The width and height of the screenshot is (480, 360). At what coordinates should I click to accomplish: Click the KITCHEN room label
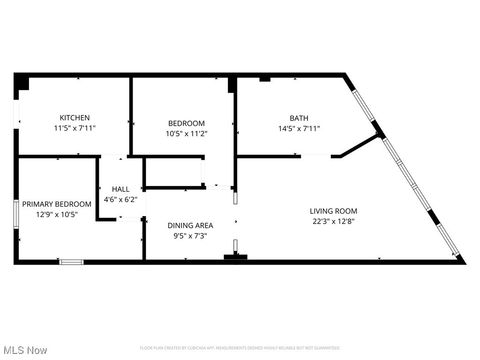(x=74, y=117)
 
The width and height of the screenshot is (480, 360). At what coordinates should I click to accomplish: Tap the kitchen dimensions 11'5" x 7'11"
(x=74, y=129)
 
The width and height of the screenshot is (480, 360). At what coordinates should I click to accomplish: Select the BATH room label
(x=299, y=117)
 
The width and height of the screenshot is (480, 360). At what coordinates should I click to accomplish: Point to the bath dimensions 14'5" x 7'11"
(x=299, y=129)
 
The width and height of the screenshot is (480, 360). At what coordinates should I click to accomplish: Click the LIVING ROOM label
(x=333, y=210)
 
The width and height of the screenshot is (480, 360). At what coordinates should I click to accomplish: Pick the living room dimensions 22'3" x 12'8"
(x=333, y=222)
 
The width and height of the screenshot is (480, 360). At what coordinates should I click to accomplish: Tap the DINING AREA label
(x=190, y=225)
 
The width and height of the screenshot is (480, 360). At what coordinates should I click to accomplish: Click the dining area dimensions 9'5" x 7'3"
(x=190, y=237)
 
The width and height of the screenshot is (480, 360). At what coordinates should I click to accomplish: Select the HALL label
(x=120, y=189)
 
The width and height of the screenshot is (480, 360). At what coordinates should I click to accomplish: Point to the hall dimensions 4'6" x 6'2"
(x=120, y=200)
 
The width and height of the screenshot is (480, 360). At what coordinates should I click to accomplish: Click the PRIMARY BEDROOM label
(x=57, y=204)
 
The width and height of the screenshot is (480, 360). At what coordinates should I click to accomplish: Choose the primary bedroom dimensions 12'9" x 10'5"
(x=57, y=215)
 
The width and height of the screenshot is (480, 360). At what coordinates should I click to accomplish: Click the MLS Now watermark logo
(x=25, y=350)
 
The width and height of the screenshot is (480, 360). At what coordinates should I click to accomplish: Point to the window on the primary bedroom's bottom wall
(x=70, y=261)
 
